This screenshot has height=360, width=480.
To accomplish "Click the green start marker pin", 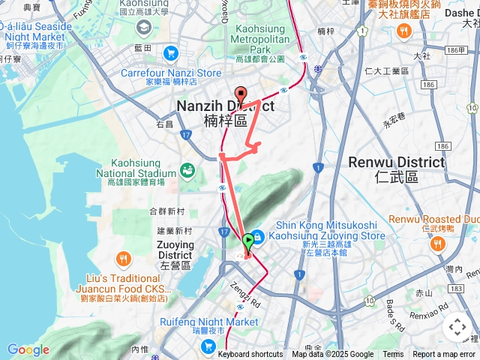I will [x=249, y=241].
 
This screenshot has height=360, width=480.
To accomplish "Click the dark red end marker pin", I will [x=240, y=94].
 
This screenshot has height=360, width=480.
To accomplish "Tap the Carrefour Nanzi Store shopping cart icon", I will [x=171, y=53].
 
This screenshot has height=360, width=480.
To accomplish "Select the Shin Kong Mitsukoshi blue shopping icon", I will [x=257, y=235].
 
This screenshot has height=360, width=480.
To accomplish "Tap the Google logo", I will [x=28, y=349].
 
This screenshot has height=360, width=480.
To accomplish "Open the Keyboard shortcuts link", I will [x=250, y=355].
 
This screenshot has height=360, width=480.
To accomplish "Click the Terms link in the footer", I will [x=393, y=355].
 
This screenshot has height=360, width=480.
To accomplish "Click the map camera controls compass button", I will [x=457, y=327].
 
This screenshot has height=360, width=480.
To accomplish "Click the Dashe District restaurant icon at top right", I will [x=405, y=31].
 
